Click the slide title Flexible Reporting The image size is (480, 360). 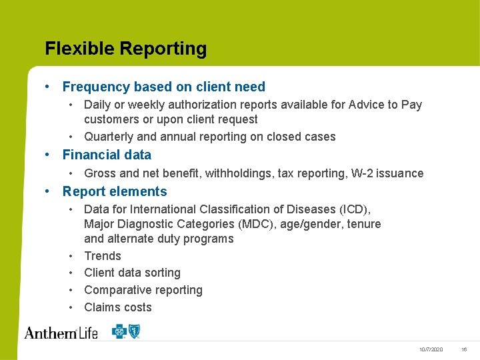point(125,49)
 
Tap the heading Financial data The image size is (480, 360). point(107,155)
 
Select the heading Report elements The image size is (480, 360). point(115,191)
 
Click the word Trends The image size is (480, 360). point(103,256)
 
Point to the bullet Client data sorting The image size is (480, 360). point(132,273)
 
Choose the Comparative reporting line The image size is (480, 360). point(143,290)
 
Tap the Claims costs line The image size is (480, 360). point(118,307)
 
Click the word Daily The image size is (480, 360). point(97,105)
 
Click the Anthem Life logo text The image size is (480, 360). point(61,331)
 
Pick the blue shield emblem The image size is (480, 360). point(135,331)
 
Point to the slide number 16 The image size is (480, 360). point(464,349)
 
